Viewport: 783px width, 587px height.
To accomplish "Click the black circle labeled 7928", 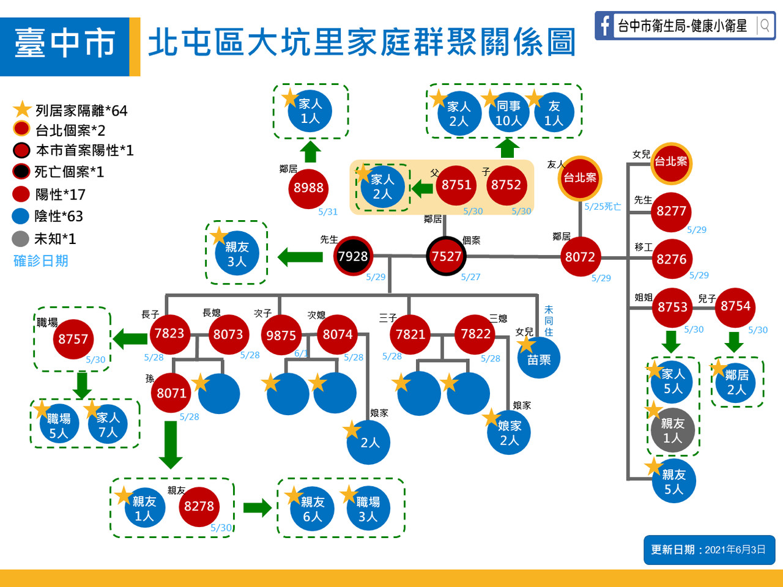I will [353, 256].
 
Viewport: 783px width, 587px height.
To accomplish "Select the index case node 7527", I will [446, 256].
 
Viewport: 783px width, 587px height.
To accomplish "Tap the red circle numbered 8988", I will [308, 188].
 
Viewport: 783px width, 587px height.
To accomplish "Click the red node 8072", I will [580, 257].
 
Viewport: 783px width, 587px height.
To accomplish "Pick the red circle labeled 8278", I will [199, 506].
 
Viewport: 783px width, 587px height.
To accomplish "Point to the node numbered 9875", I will [281, 335].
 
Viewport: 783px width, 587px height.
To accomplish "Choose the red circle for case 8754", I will [735, 306].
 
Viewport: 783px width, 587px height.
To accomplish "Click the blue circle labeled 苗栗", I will [538, 360].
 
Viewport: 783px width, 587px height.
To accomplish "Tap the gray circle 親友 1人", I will [672, 430].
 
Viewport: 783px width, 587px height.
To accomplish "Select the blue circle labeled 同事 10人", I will [508, 113].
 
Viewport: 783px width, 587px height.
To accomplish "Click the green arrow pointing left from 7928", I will [300, 257].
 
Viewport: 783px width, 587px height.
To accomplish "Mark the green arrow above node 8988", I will [311, 151].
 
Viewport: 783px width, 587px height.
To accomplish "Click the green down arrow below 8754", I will [734, 342].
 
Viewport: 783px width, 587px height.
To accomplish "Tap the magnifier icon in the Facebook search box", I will [765, 26].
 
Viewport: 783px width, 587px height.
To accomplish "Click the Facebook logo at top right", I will [604, 26].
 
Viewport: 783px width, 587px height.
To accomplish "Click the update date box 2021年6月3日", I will [708, 550].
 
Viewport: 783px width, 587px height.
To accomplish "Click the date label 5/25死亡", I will [603, 207].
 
